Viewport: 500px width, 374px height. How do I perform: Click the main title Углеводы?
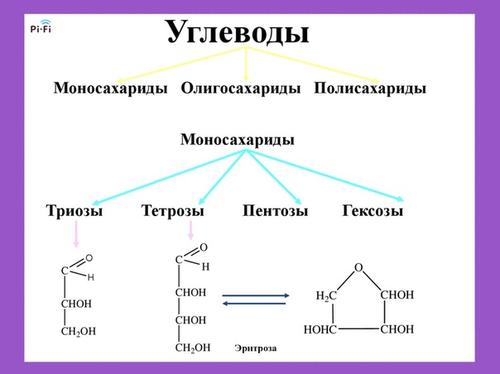click(x=238, y=33)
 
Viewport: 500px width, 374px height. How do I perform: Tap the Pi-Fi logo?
click(x=41, y=26)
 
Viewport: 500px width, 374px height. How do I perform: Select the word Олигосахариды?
click(x=241, y=89)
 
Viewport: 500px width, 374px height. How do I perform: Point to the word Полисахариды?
click(x=370, y=89)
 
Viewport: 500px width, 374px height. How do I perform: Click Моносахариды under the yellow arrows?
click(x=110, y=89)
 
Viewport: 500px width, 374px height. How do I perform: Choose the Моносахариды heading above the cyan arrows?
click(x=238, y=140)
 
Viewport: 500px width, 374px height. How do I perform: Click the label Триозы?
click(x=75, y=211)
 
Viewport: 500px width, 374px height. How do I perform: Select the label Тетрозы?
click(x=172, y=211)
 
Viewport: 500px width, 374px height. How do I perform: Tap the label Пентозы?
click(x=275, y=211)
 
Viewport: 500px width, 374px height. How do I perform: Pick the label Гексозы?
click(x=373, y=211)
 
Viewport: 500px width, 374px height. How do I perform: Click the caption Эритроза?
click(x=256, y=348)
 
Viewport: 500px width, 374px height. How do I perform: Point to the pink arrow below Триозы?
click(x=76, y=234)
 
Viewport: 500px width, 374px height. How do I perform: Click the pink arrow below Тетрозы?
click(x=190, y=230)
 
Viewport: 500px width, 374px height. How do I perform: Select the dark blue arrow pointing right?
click(x=256, y=295)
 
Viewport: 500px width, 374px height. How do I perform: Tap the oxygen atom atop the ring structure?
click(x=358, y=267)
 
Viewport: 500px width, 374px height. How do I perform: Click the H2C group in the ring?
click(x=326, y=296)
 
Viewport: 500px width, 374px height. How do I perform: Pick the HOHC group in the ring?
click(x=320, y=329)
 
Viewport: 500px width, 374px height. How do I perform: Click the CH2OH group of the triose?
click(x=79, y=332)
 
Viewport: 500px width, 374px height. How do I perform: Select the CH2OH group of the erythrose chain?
click(x=193, y=348)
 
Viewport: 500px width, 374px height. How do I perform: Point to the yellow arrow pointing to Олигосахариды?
click(x=246, y=64)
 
